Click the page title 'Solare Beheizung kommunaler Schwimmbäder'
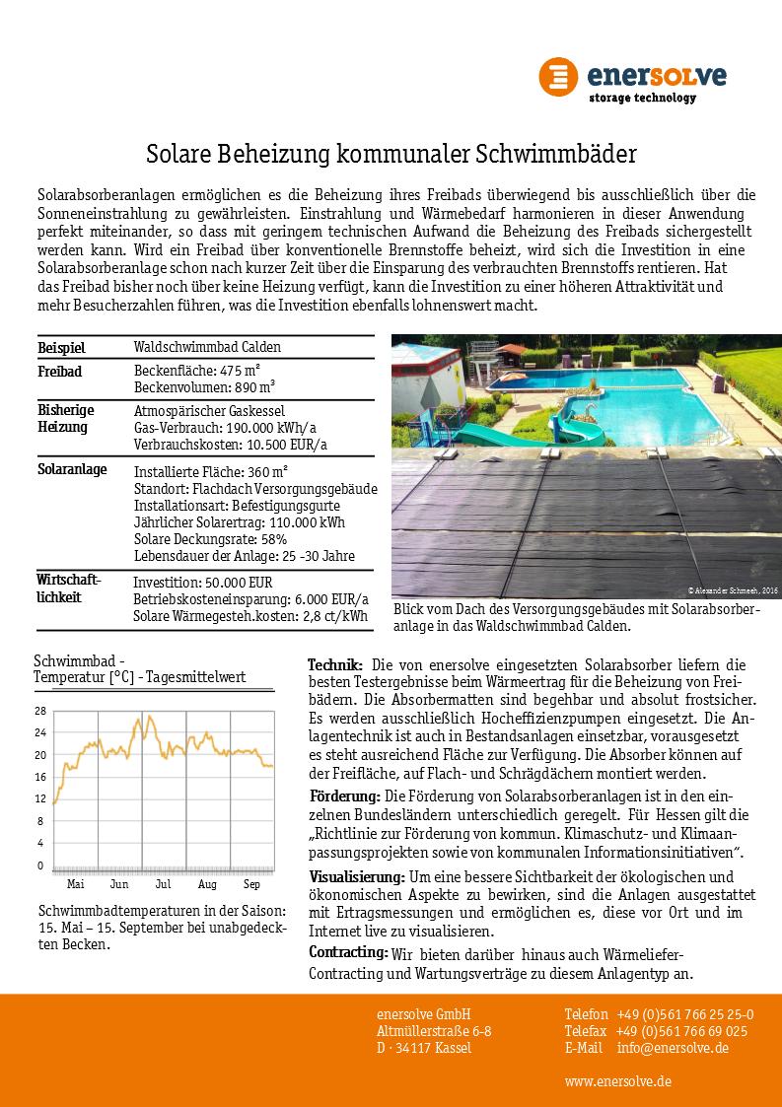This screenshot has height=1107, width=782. tap(391, 154)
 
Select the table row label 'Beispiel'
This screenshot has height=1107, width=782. tap(61, 348)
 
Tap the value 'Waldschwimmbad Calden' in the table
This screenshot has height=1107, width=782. tap(207, 347)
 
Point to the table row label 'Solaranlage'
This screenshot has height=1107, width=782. tap(72, 470)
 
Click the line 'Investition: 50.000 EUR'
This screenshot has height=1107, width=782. tap(202, 582)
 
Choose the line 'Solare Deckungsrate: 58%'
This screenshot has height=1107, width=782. tap(210, 539)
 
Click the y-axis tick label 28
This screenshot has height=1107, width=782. tap(40, 711)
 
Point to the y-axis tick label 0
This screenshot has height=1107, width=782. tap(40, 865)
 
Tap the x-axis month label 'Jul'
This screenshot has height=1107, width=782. tap(163, 884)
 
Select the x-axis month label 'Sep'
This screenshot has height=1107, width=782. tap(252, 884)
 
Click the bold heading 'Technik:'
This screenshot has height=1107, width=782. tap(335, 664)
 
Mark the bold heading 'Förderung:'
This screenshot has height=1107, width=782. tap(344, 796)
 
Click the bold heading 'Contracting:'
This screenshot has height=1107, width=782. tap(348, 952)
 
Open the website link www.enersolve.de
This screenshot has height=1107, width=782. tap(618, 1081)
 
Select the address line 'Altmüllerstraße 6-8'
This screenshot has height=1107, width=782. tap(434, 1031)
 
